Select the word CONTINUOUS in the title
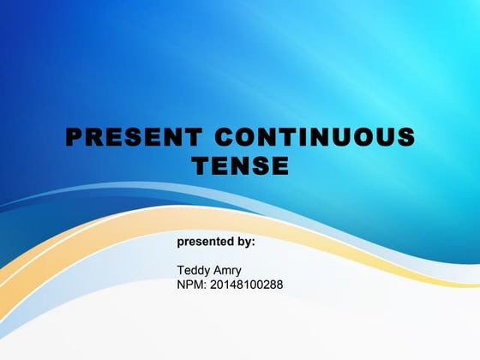315,138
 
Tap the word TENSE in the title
240,165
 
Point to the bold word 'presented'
204,243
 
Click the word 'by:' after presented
244,243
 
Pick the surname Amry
229,271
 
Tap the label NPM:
191,285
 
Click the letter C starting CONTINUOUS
225,138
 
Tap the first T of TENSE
199,165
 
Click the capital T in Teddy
181,271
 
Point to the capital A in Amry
219,271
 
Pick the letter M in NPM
199,285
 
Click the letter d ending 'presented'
228,243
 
